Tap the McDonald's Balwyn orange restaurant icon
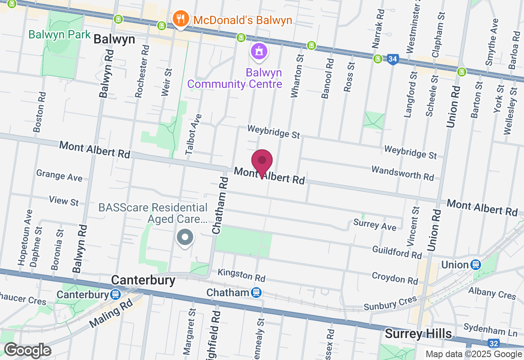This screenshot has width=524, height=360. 180,18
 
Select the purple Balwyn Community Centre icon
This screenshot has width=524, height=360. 259,52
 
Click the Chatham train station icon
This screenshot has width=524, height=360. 257,292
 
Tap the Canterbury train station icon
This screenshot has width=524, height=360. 115,295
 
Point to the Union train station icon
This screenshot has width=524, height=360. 475,265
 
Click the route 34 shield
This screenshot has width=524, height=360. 393,60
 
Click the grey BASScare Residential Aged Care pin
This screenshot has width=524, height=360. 185,237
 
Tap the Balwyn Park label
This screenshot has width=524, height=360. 59,34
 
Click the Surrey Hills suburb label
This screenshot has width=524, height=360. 418,334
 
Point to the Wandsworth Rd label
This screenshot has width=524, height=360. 402,173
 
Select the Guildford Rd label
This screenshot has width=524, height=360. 397,252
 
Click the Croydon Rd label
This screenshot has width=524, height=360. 395,278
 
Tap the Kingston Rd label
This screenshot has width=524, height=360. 242,275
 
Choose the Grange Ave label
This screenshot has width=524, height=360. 59,175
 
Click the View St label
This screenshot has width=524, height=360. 64,201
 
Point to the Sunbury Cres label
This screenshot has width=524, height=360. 390,303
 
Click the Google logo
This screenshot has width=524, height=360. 27,351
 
